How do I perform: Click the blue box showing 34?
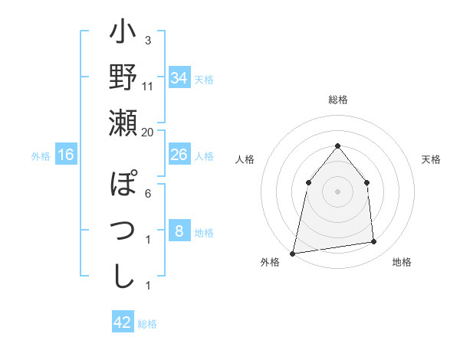coord(179,78)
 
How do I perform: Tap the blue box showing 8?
coord(179,231)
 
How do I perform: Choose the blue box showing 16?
coord(66,155)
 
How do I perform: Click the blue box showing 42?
coord(123,322)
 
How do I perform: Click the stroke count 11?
coord(148,87)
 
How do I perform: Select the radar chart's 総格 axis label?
coord(337,100)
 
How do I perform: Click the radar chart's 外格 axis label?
coord(270,262)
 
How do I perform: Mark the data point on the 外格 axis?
coord(292,254)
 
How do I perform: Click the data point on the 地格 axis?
coord(374,242)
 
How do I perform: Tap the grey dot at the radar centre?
coord(337,191)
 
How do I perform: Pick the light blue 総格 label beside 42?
coord(147,324)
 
